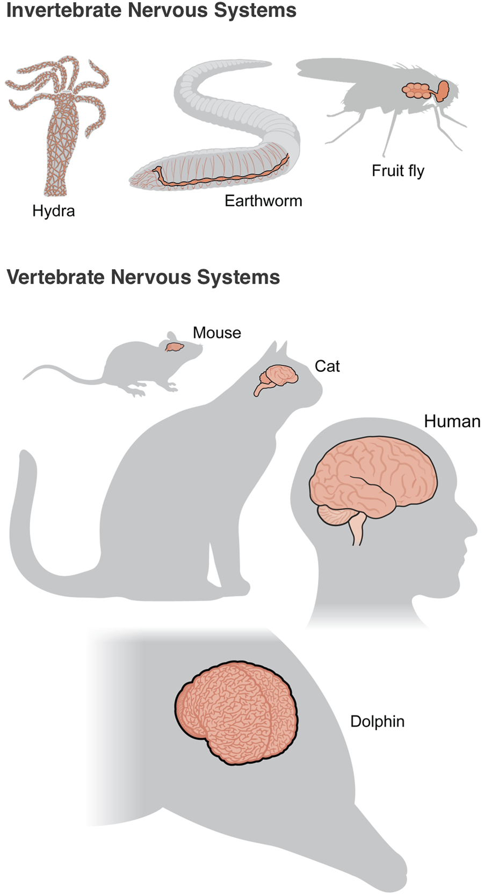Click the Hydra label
(x=53, y=211)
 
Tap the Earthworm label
(x=263, y=201)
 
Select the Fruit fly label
(x=398, y=171)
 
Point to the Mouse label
(x=217, y=333)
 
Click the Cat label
(x=327, y=366)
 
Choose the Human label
(x=452, y=422)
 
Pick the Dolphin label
(x=377, y=721)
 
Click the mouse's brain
(x=174, y=347)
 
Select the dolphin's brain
(x=236, y=712)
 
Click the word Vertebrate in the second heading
(x=55, y=277)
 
